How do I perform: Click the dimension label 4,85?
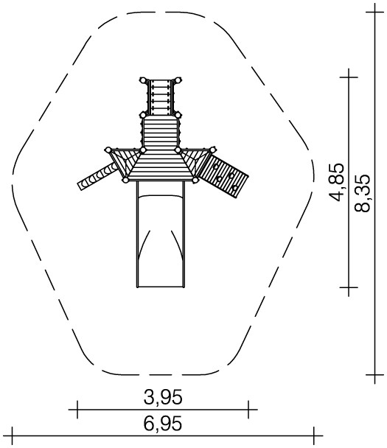click(x=336, y=182)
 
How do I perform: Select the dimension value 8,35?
click(x=362, y=193)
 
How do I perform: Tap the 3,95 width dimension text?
click(x=163, y=397)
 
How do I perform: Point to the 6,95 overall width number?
click(x=163, y=423)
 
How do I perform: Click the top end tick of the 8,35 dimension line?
click(x=374, y=13)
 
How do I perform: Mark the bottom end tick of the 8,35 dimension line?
click(x=374, y=374)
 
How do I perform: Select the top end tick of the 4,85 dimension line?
click(x=349, y=77)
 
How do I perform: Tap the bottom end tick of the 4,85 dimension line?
click(x=349, y=287)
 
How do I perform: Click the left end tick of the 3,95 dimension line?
click(x=77, y=410)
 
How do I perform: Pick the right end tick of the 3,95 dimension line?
click(x=248, y=410)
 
